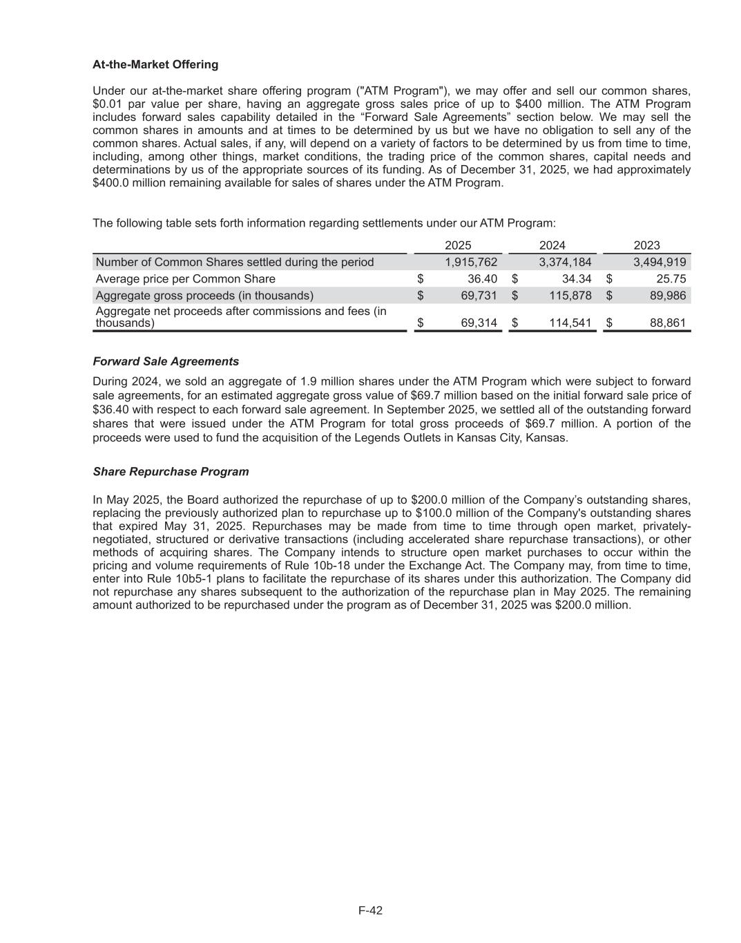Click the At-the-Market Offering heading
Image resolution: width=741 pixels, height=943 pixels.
155,64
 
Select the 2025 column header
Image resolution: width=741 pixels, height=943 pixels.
458,245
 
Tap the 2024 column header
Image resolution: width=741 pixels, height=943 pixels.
552,245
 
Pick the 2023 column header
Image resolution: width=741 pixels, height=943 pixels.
646,245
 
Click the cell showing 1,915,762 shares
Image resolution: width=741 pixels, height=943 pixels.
471,263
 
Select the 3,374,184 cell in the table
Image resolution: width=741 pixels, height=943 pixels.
565,263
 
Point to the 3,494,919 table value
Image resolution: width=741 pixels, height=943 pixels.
660,263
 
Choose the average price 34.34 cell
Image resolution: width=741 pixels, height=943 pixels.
576,279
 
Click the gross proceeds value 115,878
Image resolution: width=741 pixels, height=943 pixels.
570,296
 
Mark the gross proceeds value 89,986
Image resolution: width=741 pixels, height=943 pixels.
667,296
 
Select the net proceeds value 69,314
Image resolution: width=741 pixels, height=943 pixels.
479,323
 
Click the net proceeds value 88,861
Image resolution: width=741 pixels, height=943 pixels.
667,323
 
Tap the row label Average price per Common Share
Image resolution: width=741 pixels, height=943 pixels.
185,279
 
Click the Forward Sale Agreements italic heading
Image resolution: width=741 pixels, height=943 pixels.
166,361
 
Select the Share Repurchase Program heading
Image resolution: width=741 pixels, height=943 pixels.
171,472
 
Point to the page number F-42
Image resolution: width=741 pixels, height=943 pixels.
370,911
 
